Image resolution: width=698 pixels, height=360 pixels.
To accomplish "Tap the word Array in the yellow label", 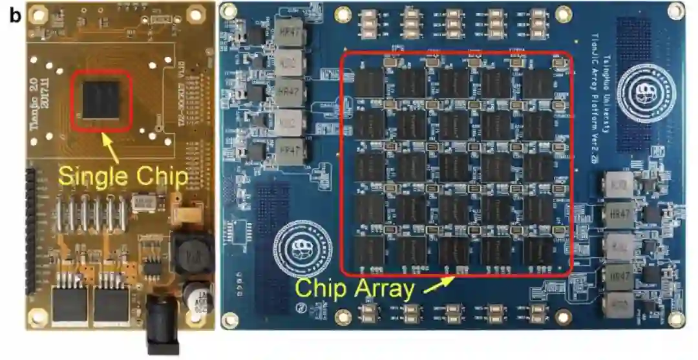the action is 381,288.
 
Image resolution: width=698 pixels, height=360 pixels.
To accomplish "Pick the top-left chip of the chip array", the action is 370,83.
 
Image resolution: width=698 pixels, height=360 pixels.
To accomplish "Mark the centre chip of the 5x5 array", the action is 454,166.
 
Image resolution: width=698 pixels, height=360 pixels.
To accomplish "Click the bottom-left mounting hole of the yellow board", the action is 37,316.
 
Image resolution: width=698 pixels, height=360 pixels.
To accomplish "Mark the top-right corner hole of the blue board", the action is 676,11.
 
